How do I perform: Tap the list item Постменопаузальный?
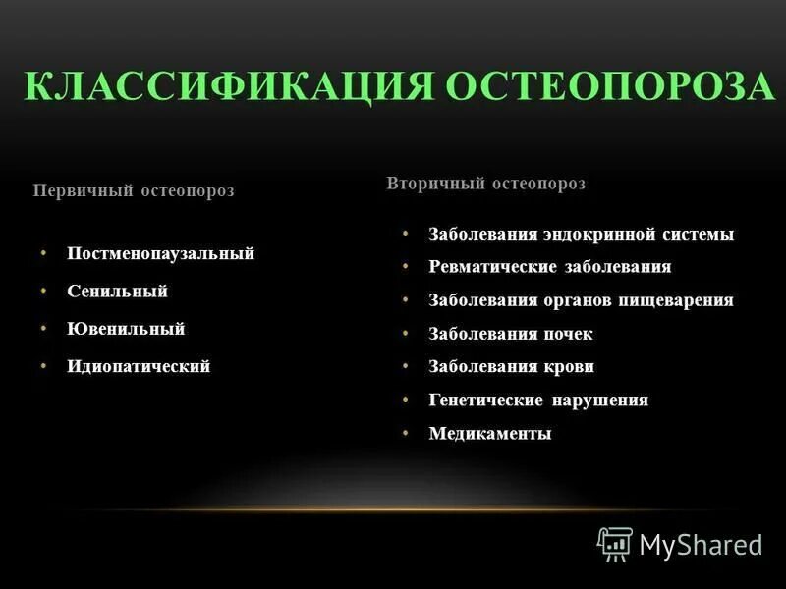pos(161,253)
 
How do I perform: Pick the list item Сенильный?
pos(118,292)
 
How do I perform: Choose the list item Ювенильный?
pos(126,329)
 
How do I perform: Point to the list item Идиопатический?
pos(139,366)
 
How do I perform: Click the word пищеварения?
pos(675,300)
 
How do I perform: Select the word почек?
pos(568,334)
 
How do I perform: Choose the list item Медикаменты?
pos(490,433)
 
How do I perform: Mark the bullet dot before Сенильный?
pos(44,291)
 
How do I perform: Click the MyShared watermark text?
pos(701,545)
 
